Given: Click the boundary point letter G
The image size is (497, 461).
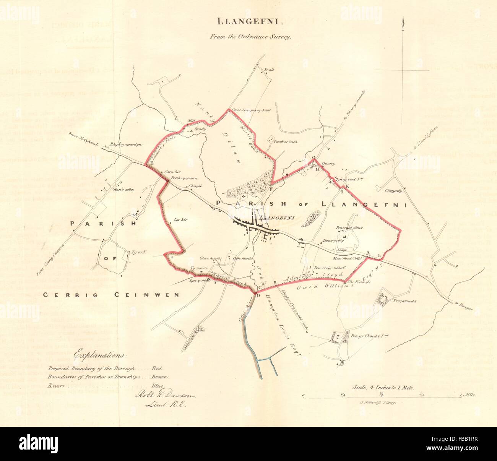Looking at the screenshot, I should pyautogui.click(x=313, y=157).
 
